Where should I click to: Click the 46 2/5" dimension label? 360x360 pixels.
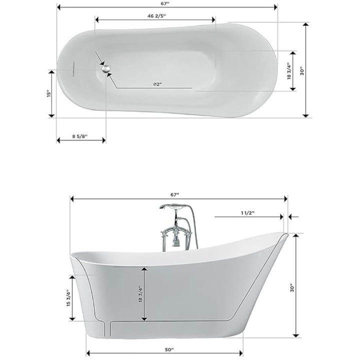(156, 16)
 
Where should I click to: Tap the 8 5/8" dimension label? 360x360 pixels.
(80, 136)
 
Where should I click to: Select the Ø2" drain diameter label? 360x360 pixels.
(157, 84)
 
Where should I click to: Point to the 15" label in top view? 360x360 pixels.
(48, 93)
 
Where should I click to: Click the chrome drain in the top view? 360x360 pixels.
(106, 68)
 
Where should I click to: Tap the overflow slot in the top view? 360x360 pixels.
(73, 69)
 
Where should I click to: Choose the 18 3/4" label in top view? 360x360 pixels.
(289, 71)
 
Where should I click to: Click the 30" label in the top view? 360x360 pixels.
(302, 71)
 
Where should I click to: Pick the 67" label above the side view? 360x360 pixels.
(174, 194)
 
